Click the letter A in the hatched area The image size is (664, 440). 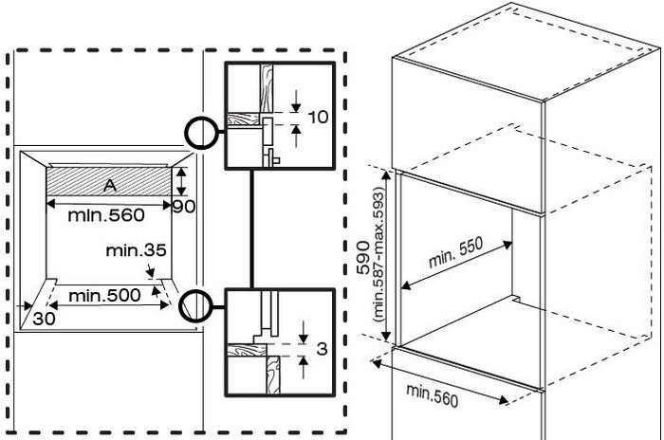coord(110,185)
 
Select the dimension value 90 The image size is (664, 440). coord(184,206)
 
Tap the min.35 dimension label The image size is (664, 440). coord(136,250)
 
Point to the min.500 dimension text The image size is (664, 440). coord(104,295)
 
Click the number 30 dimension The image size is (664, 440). coord(44,319)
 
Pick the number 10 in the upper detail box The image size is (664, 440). coord(318,117)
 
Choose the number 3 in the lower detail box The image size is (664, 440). coord(322,349)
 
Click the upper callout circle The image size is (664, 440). coord(201,133)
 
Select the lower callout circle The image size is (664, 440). coord(195,306)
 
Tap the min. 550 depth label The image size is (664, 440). coord(455,252)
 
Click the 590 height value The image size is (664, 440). coord(363,258)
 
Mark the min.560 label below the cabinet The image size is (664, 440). coord(432,396)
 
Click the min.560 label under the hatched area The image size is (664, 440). coord(106,215)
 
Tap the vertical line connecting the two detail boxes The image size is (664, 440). coord(251,229)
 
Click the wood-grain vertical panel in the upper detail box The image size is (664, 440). coord(267,88)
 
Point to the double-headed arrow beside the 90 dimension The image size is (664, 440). coord(181,181)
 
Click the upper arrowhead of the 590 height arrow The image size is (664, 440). coord(386,174)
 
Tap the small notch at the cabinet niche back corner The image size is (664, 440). coord(516,298)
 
